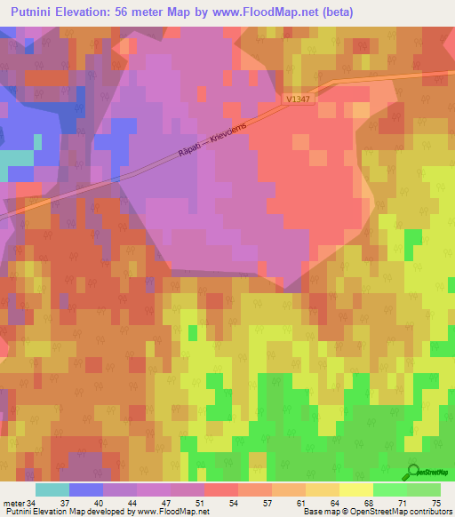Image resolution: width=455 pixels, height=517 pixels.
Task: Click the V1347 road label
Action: pos(299,101)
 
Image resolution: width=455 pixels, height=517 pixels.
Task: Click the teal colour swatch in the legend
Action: pos(52,489)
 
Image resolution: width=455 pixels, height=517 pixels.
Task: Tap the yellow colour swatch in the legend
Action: pos(356,489)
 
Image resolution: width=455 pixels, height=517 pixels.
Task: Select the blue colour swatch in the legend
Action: pos(86,489)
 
